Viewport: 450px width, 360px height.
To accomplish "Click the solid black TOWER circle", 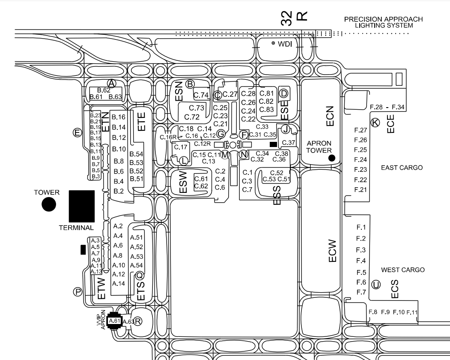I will click(49, 204).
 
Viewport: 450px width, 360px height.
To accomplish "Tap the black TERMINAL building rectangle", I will click(81, 206).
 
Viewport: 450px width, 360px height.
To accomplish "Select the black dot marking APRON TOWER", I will click(331, 158).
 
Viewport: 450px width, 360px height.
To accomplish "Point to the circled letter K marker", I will click(375, 123).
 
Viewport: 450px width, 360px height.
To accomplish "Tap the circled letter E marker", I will click(77, 132).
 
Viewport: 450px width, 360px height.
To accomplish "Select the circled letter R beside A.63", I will click(138, 321).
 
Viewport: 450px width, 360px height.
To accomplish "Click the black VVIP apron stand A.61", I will click(114, 321).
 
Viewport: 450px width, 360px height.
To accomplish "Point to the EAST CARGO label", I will click(402, 168).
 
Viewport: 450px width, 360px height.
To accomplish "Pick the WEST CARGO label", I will click(403, 270).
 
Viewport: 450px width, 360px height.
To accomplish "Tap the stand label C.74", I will click(201, 95).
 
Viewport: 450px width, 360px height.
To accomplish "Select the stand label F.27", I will click(361, 130).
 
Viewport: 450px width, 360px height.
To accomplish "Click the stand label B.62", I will click(104, 90).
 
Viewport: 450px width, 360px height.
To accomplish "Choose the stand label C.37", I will click(289, 142).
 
